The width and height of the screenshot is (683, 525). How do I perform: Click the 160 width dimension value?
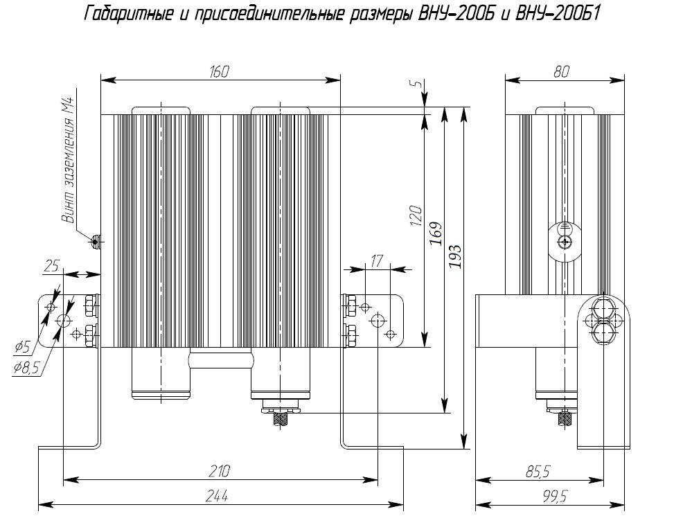tap(219, 72)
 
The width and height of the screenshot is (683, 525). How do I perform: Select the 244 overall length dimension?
tap(217, 496)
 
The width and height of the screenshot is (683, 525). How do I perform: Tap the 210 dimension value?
tap(219, 471)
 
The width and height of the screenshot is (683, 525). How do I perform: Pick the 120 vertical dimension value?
tap(416, 215)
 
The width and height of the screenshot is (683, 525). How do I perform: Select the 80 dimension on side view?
tap(561, 72)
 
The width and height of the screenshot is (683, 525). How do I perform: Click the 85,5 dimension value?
tap(538, 471)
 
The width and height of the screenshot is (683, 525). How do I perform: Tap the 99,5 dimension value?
tap(555, 496)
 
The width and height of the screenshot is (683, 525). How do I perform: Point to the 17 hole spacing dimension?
tap(376, 261)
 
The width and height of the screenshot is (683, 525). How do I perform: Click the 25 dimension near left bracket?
tap(51, 266)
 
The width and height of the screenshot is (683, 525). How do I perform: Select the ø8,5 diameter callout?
tap(26, 368)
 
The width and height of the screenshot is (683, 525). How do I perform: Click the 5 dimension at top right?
tap(418, 83)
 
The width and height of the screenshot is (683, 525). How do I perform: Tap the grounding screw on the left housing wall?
tap(96, 241)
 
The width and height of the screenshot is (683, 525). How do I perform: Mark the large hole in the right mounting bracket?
tap(378, 321)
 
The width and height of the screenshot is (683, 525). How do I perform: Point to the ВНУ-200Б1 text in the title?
tap(558, 14)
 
